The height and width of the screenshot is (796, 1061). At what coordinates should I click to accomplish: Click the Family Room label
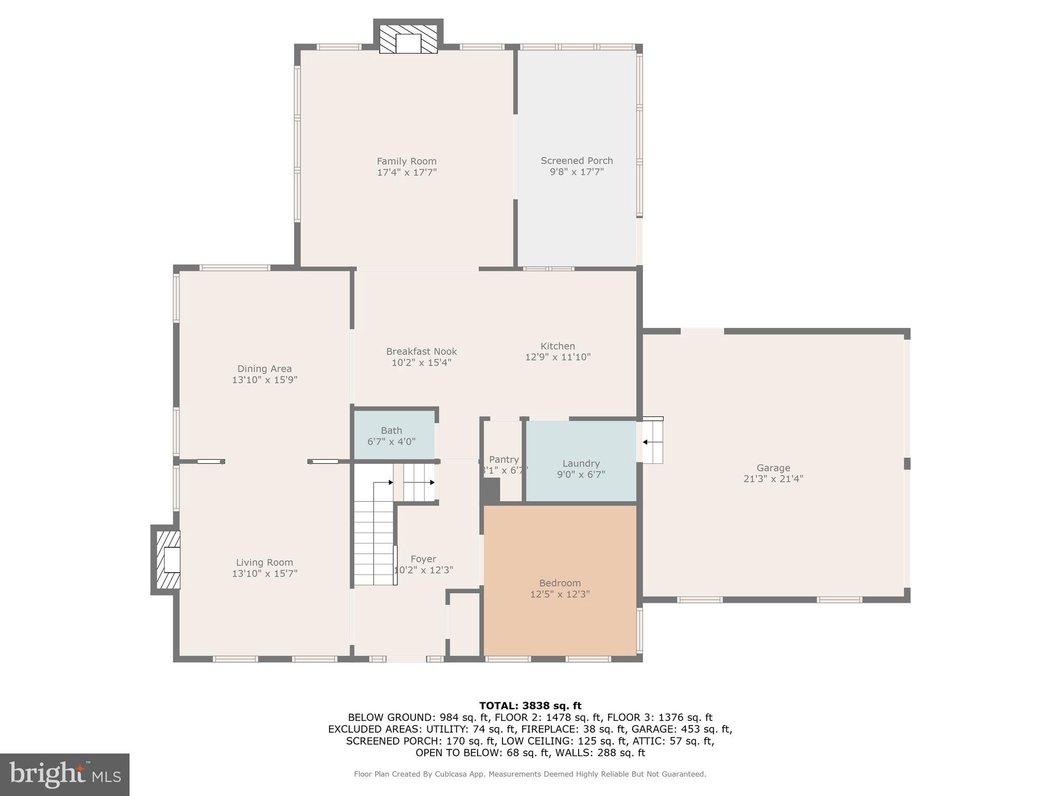point(407,161)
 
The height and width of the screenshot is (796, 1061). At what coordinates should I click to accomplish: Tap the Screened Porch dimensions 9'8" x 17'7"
point(577,172)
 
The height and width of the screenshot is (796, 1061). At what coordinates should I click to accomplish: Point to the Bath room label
point(391,431)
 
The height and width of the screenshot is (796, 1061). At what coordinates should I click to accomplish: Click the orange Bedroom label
point(560,583)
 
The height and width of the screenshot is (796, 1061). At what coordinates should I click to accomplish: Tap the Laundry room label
point(581,463)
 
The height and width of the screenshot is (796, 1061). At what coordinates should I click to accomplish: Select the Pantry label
point(504,460)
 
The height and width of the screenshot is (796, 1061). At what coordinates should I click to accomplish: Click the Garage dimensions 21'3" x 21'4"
point(773,479)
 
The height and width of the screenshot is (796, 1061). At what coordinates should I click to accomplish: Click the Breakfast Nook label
point(421,351)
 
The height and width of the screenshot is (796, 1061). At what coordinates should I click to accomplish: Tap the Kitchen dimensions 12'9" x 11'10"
point(557,357)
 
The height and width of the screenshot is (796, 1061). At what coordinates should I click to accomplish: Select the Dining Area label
point(264,369)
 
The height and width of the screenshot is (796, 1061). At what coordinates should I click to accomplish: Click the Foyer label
point(423,559)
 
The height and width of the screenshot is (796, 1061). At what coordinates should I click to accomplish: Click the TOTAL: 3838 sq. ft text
point(530,706)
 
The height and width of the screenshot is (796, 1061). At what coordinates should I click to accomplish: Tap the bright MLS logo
point(64,774)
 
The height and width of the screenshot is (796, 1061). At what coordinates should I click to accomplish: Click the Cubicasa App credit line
point(529,774)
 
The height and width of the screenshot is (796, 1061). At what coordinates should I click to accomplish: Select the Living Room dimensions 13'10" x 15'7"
point(264,574)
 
